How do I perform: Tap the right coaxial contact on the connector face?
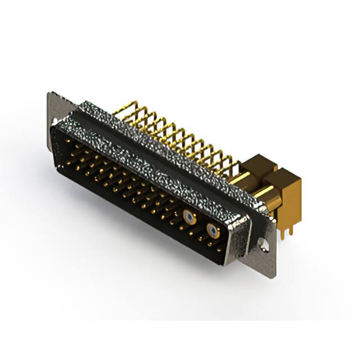tap(211, 229)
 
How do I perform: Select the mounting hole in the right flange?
tap(262, 244)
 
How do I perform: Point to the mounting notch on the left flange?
tap(55, 121)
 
